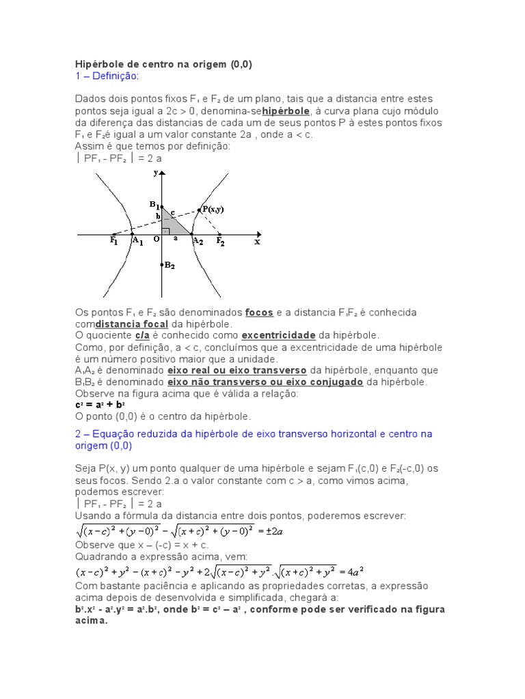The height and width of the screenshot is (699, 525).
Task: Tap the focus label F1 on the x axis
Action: coord(114,242)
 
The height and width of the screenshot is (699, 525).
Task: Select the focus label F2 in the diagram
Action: coord(220,242)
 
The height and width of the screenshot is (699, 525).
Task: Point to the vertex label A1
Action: coord(137,242)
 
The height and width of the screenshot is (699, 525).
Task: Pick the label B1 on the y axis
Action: coord(154,204)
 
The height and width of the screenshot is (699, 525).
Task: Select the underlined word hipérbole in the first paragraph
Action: coord(286,111)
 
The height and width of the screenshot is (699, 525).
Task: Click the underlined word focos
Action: coord(259,313)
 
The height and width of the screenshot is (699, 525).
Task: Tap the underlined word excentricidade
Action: coord(279,336)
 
